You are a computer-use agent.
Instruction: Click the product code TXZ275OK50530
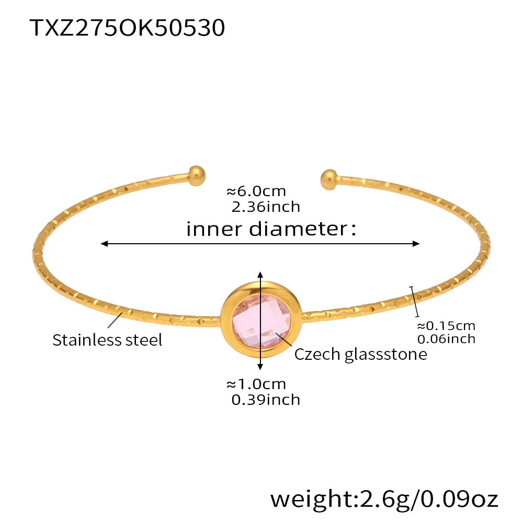(128, 28)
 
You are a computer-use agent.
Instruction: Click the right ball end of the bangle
(329, 178)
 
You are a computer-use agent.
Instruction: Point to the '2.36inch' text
(266, 207)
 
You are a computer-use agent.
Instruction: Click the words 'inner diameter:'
(271, 229)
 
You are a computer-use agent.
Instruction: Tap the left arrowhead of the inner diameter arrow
(105, 244)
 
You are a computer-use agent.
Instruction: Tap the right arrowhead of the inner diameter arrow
(416, 244)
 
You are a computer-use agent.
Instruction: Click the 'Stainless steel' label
(107, 340)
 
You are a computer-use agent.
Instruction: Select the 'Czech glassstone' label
(360, 354)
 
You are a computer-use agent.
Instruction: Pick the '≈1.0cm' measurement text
(256, 384)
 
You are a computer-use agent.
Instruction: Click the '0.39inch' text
(266, 400)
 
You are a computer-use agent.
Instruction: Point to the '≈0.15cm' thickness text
(446, 326)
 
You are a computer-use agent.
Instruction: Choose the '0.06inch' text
(446, 338)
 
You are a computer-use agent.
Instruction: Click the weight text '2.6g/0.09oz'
(384, 499)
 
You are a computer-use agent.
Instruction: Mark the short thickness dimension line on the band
(415, 301)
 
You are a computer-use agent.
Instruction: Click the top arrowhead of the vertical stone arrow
(260, 275)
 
